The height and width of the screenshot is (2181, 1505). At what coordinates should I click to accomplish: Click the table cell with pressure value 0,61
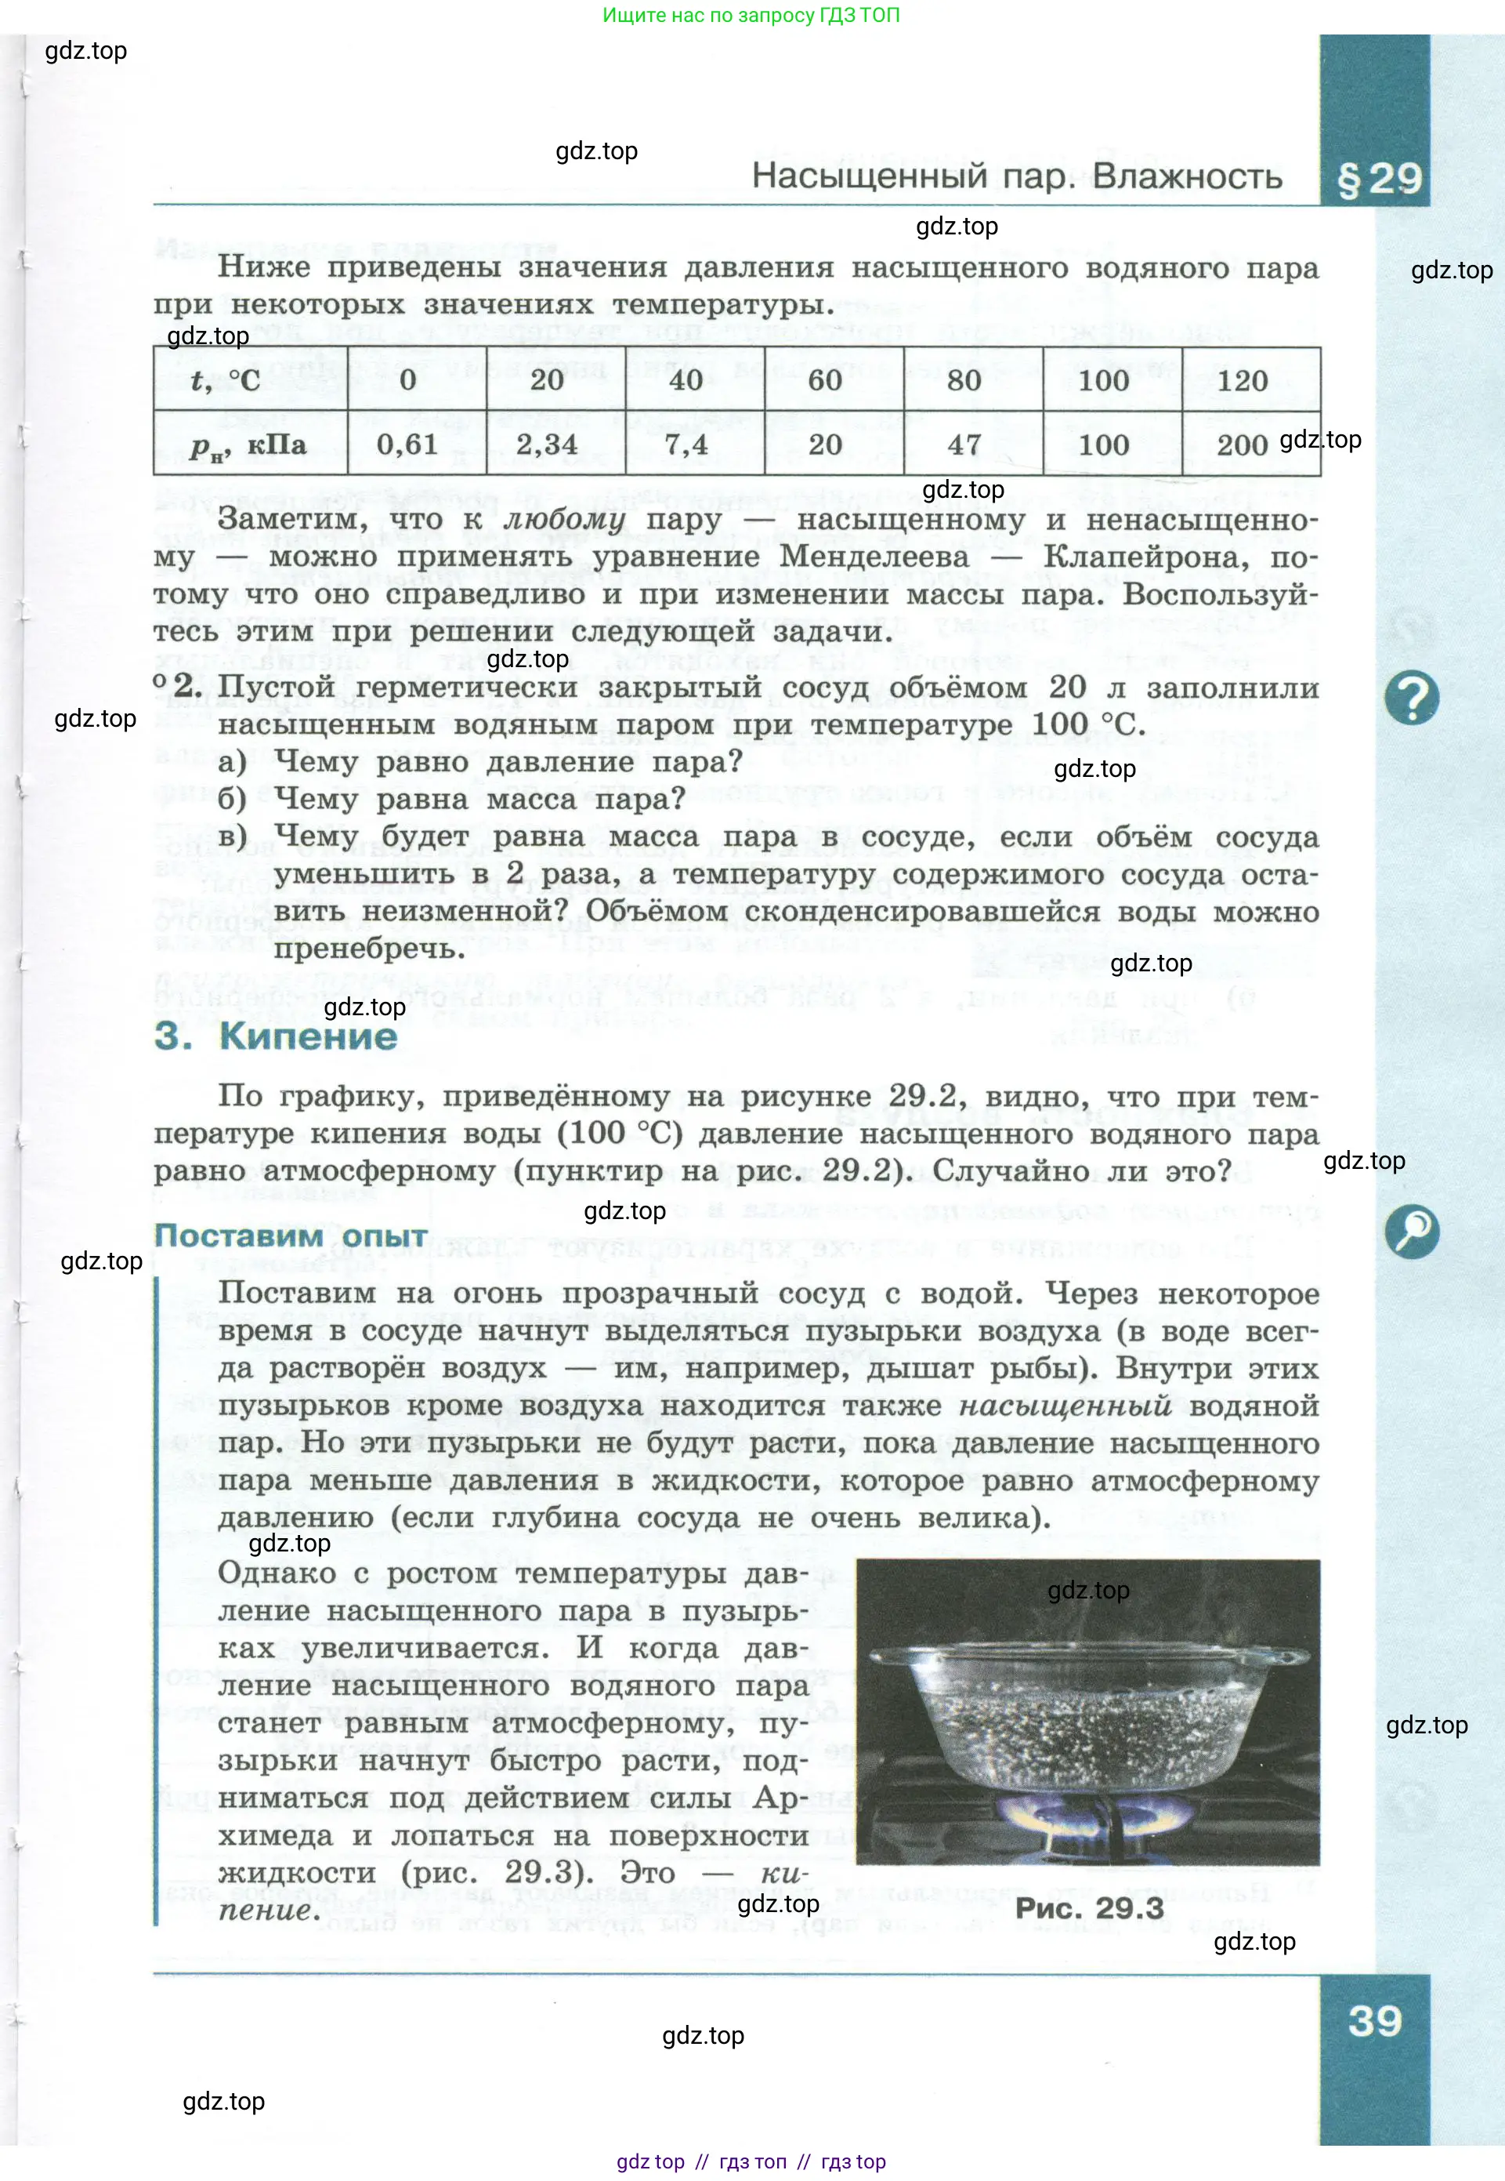tap(407, 445)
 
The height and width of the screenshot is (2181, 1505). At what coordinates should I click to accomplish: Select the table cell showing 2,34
tap(547, 445)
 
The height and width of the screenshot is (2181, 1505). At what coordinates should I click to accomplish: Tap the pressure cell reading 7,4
tap(686, 445)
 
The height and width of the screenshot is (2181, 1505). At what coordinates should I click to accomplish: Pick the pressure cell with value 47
tap(964, 445)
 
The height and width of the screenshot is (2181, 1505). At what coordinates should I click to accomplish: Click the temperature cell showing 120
tap(1242, 380)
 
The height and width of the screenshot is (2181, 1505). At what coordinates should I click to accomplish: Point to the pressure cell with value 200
tap(1242, 445)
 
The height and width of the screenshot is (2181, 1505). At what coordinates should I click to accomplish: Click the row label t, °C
tap(226, 380)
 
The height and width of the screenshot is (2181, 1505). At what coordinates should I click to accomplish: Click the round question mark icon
tap(1411, 698)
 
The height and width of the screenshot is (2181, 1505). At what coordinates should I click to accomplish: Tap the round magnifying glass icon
tap(1411, 1231)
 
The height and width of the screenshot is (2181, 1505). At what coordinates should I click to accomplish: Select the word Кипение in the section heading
tap(309, 1036)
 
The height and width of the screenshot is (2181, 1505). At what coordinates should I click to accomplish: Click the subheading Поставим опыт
tap(291, 1235)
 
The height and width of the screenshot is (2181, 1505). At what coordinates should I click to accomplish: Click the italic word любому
tap(564, 519)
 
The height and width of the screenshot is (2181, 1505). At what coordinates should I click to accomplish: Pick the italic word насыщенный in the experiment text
tap(1065, 1406)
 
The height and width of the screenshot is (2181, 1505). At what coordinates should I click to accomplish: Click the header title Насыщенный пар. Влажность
tap(1017, 176)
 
